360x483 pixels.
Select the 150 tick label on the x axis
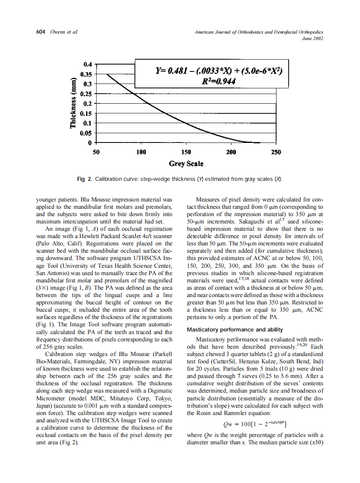point(186,152)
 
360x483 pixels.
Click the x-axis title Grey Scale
point(186,164)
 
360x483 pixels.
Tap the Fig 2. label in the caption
point(84,179)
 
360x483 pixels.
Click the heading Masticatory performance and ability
point(235,330)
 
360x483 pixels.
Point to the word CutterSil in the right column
point(231,361)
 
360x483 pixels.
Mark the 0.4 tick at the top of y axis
point(88,64)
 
